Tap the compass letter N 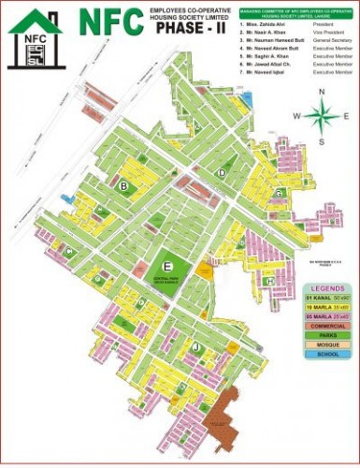pyautogui.click(x=321, y=91)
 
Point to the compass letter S pyautogui.click(x=321, y=141)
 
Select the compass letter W pyautogui.click(x=295, y=117)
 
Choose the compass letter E pyautogui.click(x=347, y=117)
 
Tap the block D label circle pyautogui.click(x=222, y=174)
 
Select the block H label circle pyautogui.click(x=268, y=280)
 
